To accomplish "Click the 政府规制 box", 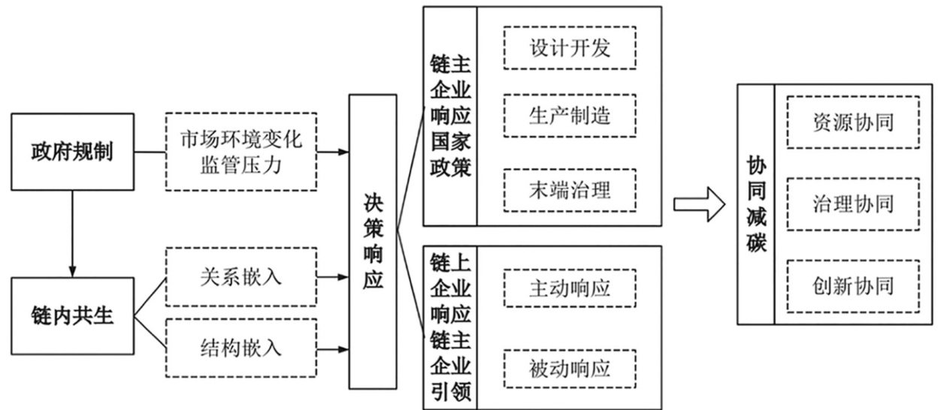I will (x=72, y=151).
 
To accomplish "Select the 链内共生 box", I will (x=72, y=315).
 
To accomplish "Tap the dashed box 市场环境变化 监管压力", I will (x=241, y=151).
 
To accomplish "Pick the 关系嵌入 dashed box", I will (x=241, y=276).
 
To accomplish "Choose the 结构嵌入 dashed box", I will (x=241, y=348).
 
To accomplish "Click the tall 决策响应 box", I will (x=373, y=241).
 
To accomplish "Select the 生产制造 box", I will (x=569, y=116).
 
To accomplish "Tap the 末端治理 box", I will (x=569, y=189).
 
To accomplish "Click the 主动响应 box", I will (x=569, y=287).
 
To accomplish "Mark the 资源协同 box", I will (x=853, y=122).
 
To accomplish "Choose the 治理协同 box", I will (x=853, y=203).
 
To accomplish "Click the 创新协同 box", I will (x=853, y=285).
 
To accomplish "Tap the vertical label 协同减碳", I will (x=755, y=203).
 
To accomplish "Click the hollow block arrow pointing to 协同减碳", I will (x=698, y=203).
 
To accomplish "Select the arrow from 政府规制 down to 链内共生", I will (x=72, y=233).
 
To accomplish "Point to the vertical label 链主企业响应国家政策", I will (x=450, y=116).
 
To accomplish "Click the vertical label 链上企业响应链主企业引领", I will (x=450, y=327).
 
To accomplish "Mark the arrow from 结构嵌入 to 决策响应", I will (x=332, y=348).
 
